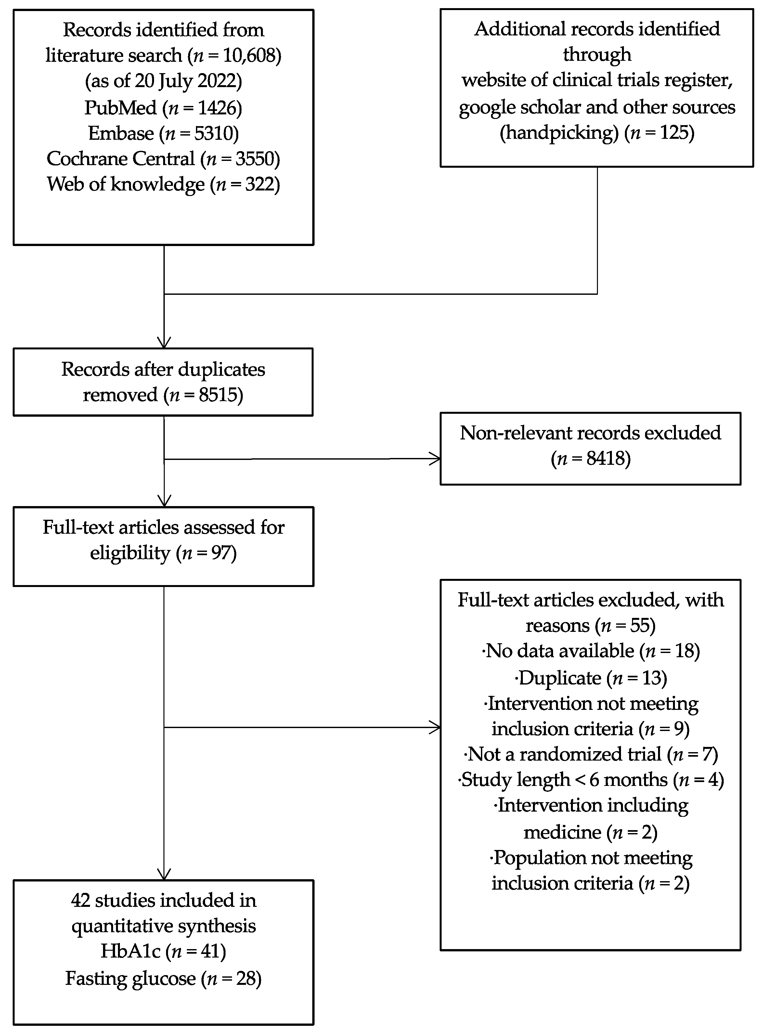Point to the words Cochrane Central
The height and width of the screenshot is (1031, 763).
121,159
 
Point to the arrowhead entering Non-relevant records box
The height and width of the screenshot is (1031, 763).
436,459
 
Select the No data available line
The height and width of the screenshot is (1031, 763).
591,651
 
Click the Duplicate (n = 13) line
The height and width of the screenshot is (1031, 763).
591,678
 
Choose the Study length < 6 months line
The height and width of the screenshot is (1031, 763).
591,780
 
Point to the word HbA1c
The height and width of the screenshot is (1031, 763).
130,952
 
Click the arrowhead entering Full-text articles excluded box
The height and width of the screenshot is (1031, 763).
436,727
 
